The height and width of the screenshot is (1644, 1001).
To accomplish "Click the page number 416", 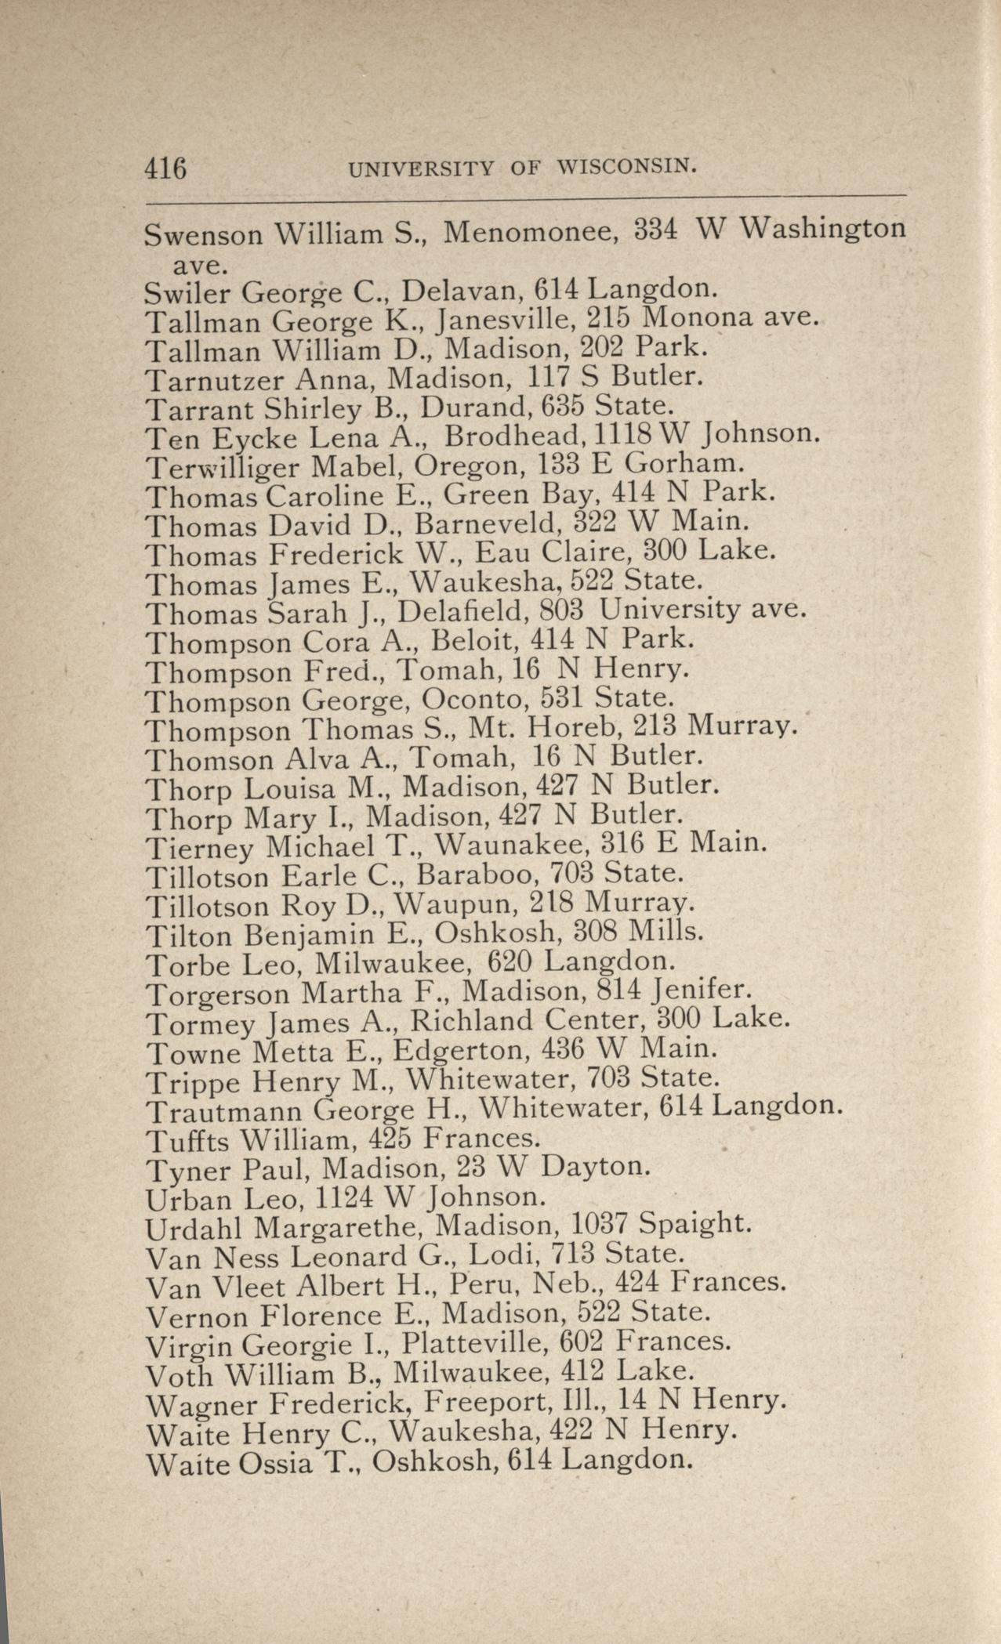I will pyautogui.click(x=165, y=168).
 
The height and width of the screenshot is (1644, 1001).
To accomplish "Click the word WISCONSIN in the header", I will pyautogui.click(x=626, y=166).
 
